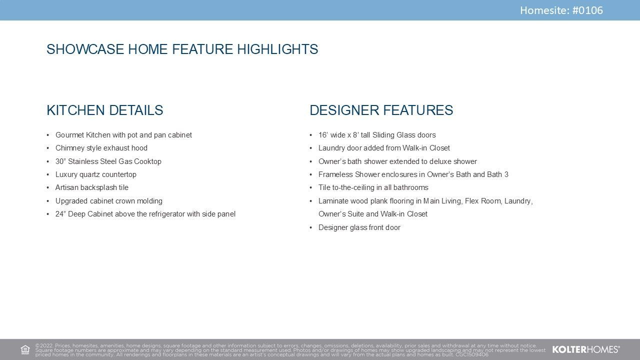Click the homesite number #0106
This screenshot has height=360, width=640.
click(587, 10)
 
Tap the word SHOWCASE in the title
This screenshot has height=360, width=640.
click(85, 49)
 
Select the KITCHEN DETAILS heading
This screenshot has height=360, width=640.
click(105, 110)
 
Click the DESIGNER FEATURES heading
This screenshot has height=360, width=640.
click(381, 110)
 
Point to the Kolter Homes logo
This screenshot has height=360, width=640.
click(586, 349)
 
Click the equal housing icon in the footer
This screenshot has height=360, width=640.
click(25, 349)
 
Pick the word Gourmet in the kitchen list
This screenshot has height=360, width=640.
click(69, 135)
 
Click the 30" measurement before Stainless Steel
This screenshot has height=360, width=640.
click(60, 161)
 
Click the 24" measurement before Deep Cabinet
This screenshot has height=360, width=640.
click(60, 214)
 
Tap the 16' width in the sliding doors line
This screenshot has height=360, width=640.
click(323, 135)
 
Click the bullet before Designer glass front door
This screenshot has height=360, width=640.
click(311, 227)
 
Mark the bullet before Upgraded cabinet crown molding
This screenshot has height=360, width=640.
click(47, 201)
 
